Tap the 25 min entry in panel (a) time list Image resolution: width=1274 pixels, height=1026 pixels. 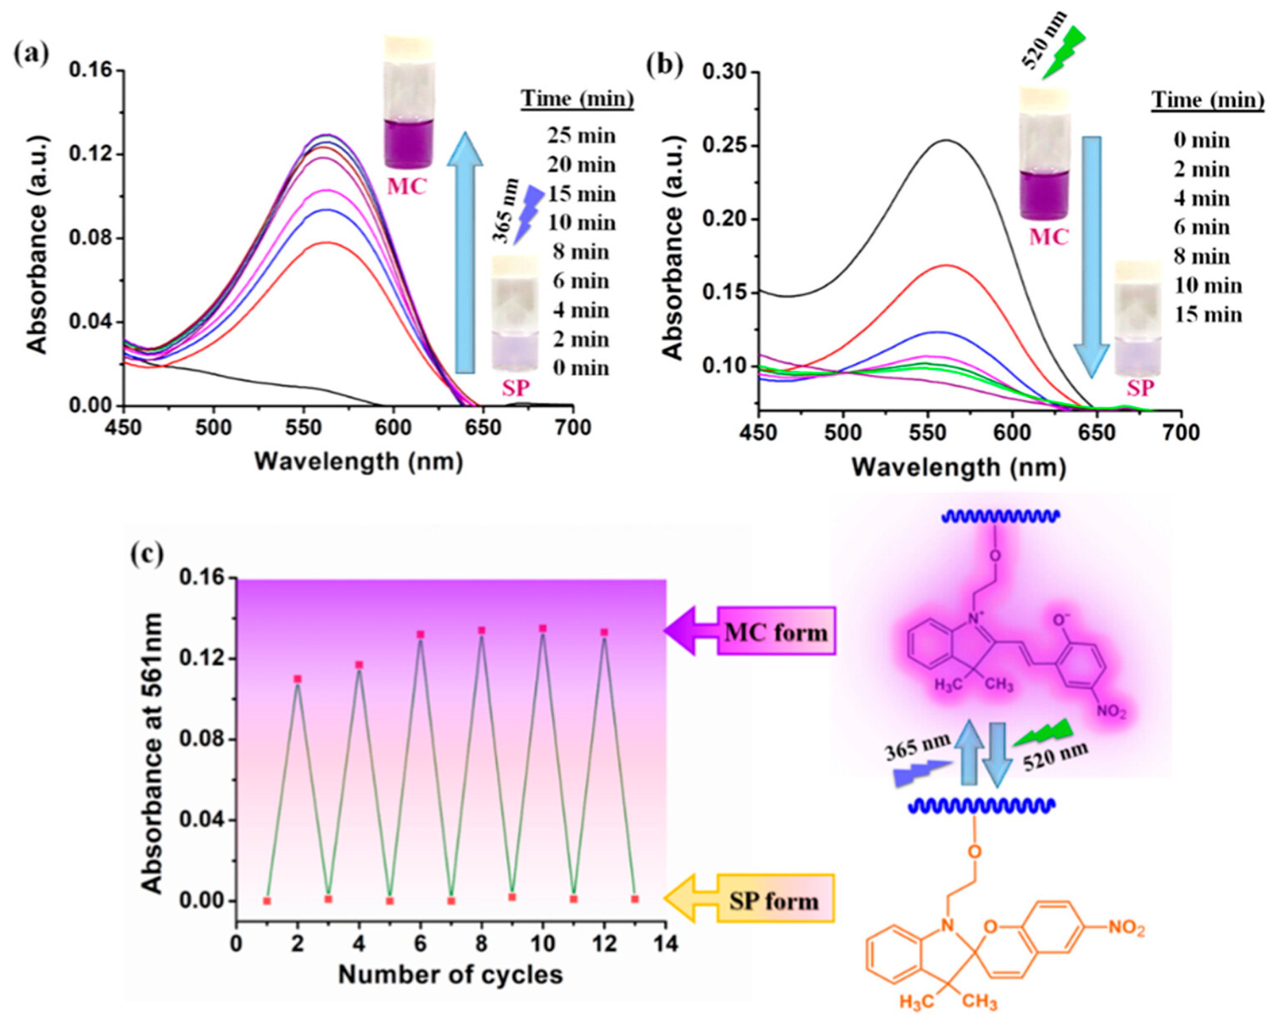tap(581, 136)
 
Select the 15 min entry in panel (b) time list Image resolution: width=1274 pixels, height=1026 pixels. tap(1208, 315)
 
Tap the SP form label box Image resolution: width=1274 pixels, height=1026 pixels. tap(775, 900)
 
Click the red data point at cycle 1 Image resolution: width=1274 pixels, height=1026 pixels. tap(267, 900)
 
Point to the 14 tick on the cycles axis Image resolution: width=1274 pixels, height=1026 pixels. tap(666, 943)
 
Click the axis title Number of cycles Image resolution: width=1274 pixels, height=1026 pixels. tap(450, 974)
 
